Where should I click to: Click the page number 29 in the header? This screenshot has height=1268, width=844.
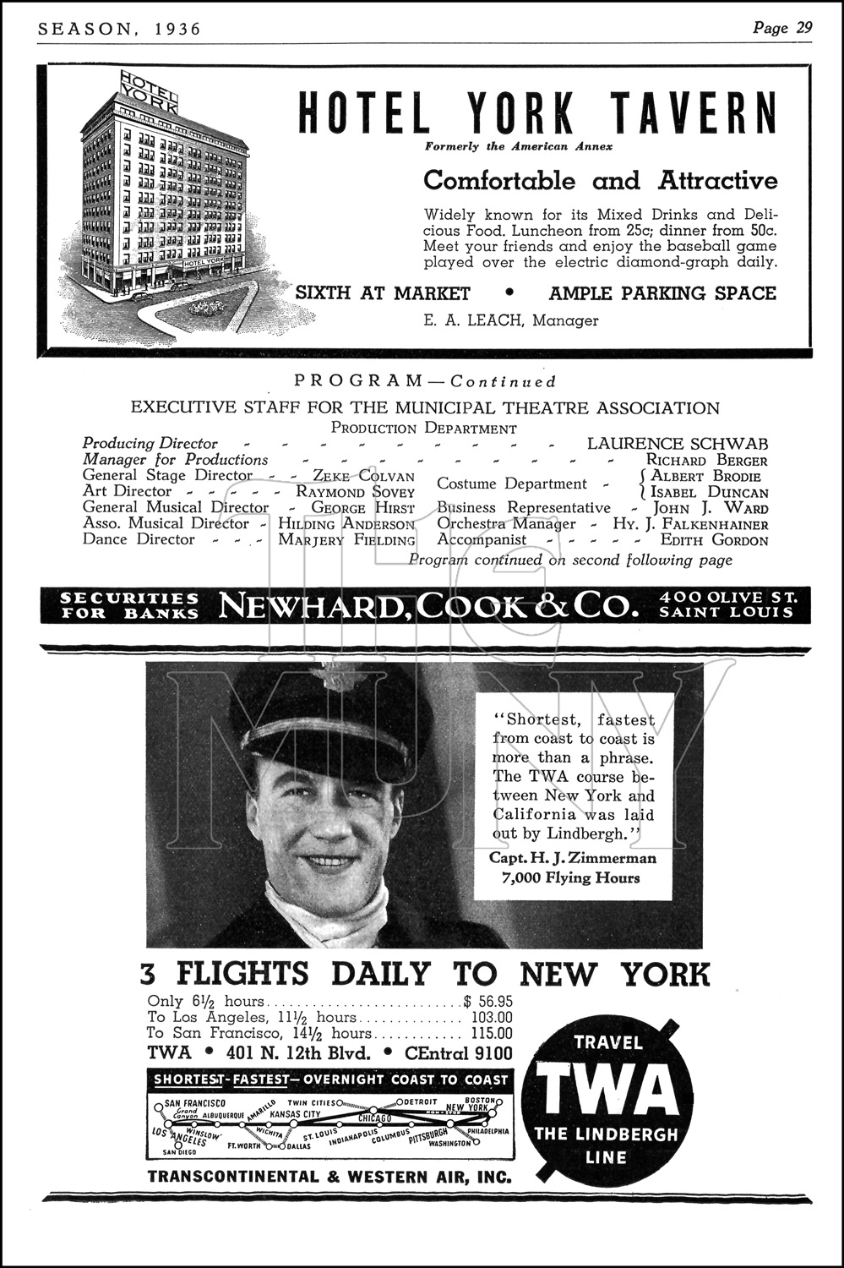[x=803, y=28]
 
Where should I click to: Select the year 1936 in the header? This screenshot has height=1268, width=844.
[x=178, y=29]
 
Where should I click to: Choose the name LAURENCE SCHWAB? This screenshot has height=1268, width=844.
[x=678, y=443]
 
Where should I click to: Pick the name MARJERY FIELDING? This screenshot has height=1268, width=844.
[x=346, y=540]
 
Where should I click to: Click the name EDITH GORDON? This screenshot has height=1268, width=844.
[x=714, y=540]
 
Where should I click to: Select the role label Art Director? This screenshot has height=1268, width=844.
[x=127, y=491]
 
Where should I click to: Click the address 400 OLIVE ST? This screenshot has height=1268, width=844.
[x=729, y=597]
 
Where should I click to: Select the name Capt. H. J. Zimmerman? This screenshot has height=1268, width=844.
[x=573, y=858]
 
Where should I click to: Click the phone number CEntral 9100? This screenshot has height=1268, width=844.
[x=459, y=1053]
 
